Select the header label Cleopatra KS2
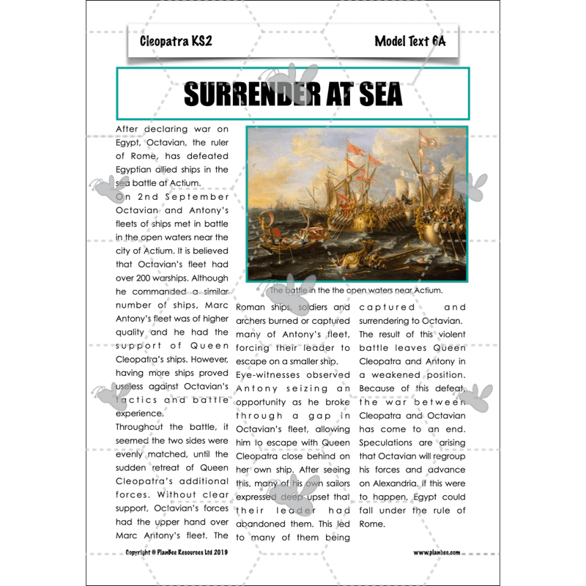click(176, 41)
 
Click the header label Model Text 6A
click(409, 41)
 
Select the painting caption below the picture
click(356, 291)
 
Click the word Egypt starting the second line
click(130, 143)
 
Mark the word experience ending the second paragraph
click(140, 413)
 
